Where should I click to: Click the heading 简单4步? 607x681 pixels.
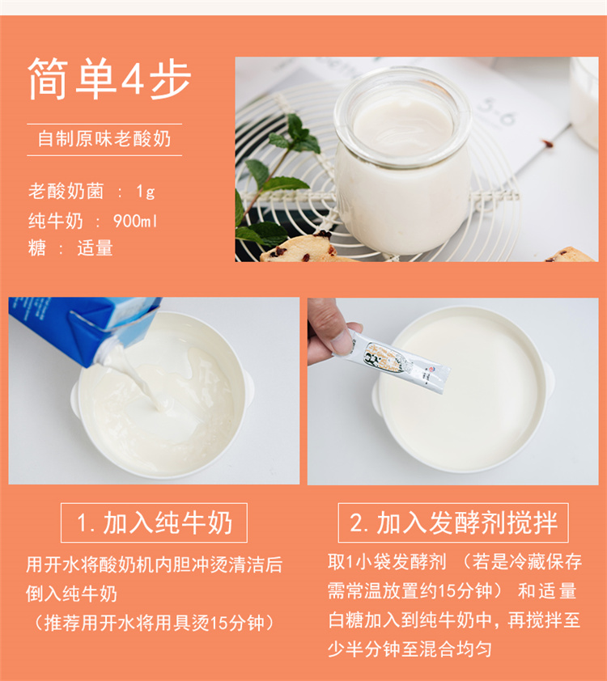tap(109, 79)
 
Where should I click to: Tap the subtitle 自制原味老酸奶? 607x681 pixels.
tap(104, 139)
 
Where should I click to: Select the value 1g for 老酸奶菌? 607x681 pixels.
tap(146, 191)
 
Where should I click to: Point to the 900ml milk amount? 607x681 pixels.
tap(135, 221)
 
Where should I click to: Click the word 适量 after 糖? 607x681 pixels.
tap(96, 248)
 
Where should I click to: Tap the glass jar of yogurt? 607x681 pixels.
tap(402, 161)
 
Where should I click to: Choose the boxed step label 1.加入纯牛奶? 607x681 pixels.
tap(154, 522)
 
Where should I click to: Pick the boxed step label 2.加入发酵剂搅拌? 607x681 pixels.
tap(453, 522)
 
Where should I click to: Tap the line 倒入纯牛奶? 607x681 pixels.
tap(72, 594)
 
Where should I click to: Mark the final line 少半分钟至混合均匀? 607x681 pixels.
tap(410, 649)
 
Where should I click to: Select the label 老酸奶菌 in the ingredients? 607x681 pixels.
tap(66, 191)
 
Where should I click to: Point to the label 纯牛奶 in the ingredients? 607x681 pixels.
tap(56, 221)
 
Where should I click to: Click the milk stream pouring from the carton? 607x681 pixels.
tap(138, 379)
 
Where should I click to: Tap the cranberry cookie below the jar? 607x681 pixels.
tap(299, 249)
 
